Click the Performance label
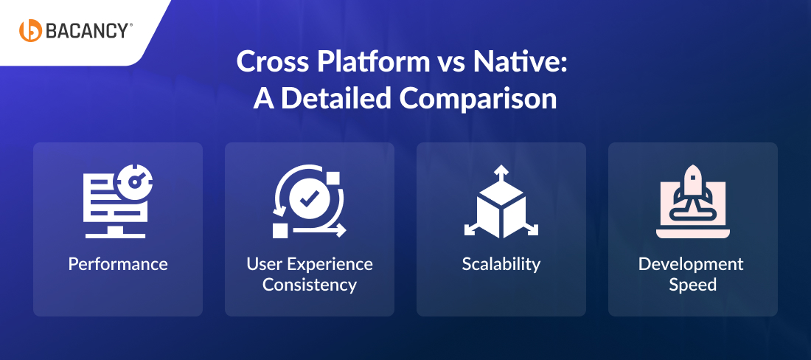click(x=118, y=264)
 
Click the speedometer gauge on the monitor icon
click(x=136, y=181)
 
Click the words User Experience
click(x=310, y=264)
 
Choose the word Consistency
click(x=310, y=285)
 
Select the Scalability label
click(x=501, y=264)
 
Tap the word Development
click(x=691, y=264)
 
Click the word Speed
click(x=692, y=285)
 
